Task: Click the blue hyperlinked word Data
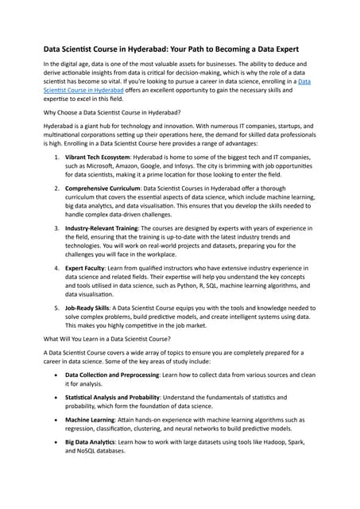(304, 82)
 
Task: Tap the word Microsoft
(102, 170)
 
